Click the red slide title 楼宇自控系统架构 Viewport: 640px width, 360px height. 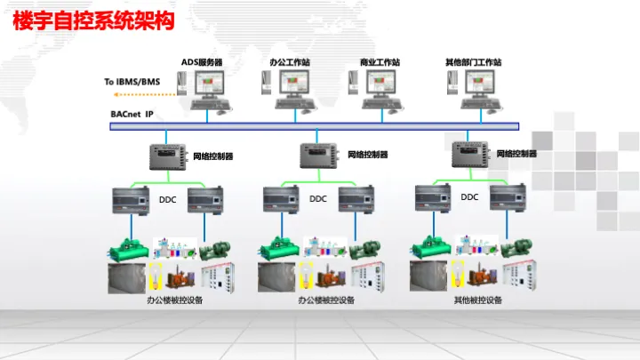pos(93,20)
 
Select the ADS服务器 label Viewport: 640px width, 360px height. pos(202,62)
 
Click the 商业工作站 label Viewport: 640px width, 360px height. pos(380,62)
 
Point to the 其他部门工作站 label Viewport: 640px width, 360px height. pos(473,62)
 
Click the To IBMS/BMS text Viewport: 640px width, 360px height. pos(132,82)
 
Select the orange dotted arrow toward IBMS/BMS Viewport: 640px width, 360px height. pos(145,95)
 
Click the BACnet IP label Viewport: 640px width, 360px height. pos(132,115)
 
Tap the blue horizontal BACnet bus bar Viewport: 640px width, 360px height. pos(315,126)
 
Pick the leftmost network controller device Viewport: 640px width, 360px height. pos(168,156)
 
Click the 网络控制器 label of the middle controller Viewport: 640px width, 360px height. pos(367,155)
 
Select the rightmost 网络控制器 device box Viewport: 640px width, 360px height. pos(470,154)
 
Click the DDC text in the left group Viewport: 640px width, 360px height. pos(167,200)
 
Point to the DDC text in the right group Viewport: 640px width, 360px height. pos(469,197)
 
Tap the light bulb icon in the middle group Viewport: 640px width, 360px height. pos(306,275)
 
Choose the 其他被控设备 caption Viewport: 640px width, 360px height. pos(477,300)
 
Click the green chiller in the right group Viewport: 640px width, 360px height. pos(431,248)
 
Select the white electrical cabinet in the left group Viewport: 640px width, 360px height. pos(218,278)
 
